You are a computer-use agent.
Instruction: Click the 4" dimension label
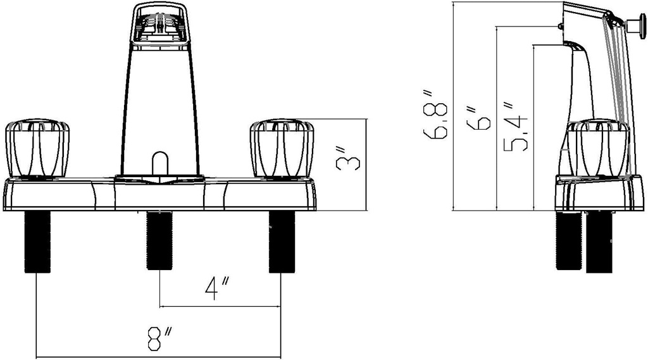click(x=216, y=289)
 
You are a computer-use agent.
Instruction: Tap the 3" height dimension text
click(x=350, y=159)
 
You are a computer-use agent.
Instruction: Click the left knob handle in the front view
click(x=37, y=149)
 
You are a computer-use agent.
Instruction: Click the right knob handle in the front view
click(x=282, y=149)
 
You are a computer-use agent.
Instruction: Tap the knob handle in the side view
click(x=598, y=148)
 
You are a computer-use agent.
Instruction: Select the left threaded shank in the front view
click(x=37, y=242)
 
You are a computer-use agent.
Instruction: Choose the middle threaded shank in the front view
click(x=159, y=240)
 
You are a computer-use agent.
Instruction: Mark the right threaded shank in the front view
click(x=282, y=242)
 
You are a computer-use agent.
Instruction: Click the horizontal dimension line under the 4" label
click(x=221, y=307)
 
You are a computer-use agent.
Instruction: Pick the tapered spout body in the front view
click(x=159, y=108)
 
